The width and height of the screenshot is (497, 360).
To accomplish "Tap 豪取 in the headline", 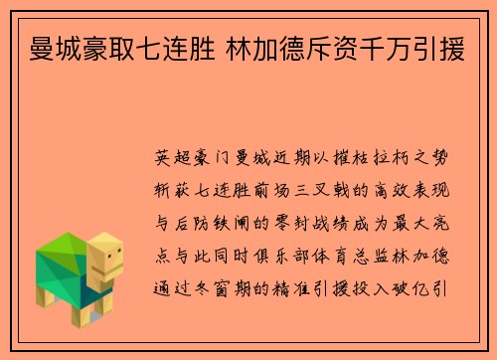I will (115, 45).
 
